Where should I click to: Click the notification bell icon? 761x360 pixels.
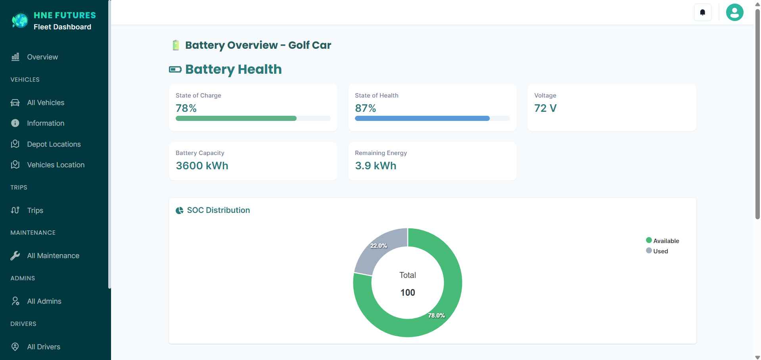pos(702,12)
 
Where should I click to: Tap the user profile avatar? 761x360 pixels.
pos(734,12)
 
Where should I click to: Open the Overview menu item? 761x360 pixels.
pos(42,57)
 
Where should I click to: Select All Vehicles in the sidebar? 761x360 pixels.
pos(45,103)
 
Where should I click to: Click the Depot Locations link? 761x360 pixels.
pos(54,144)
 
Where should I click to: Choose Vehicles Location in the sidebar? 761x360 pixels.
pos(56,165)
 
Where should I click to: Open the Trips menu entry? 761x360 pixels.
pos(35,211)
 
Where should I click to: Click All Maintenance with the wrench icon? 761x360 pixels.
pos(53,256)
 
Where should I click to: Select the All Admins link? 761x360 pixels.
pos(44,301)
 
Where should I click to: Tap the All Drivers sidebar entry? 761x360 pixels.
pos(44,347)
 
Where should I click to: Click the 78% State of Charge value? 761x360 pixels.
pos(186,108)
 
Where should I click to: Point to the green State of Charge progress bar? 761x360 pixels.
pos(236,119)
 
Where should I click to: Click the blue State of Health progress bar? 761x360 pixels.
pos(422,119)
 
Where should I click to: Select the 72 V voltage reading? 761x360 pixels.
pos(545,108)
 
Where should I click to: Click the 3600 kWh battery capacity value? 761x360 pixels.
pos(202,166)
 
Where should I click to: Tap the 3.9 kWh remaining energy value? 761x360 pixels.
pos(376,166)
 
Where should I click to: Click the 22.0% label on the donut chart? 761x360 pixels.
pos(378,246)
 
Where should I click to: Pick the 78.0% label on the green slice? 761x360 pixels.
pos(436,316)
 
